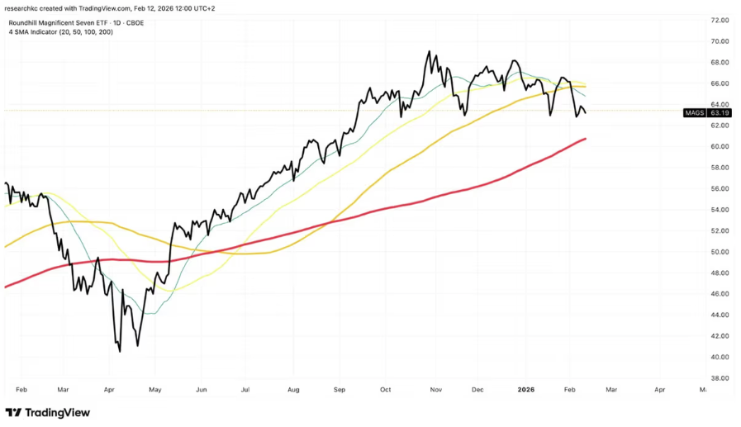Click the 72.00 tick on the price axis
(x=720, y=20)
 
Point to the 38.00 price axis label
(x=720, y=378)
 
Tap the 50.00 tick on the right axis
(x=720, y=252)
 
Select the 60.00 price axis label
(x=720, y=147)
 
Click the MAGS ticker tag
(x=695, y=112)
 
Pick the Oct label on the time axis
(x=385, y=387)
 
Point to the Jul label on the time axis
(x=245, y=387)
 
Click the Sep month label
(x=339, y=387)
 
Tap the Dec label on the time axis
(x=477, y=387)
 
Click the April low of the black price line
(x=120, y=351)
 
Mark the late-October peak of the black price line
(x=429, y=52)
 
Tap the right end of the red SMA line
(x=586, y=139)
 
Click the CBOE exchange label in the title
(x=134, y=22)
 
